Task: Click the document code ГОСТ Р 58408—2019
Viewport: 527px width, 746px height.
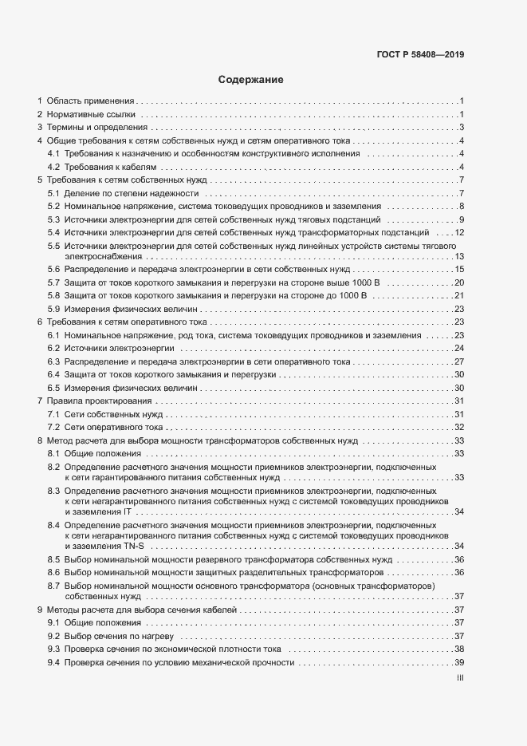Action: [x=420, y=56]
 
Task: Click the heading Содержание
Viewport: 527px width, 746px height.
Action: [x=250, y=80]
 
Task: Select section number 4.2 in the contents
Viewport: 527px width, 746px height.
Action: [x=53, y=167]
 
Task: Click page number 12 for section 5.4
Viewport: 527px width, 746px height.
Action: [x=459, y=232]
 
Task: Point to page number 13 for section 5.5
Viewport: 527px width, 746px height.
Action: [x=459, y=256]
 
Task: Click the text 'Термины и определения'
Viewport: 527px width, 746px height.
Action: [x=97, y=128]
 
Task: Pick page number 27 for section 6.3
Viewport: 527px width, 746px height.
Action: [x=459, y=361]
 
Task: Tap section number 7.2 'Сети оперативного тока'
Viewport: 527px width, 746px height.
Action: [x=53, y=427]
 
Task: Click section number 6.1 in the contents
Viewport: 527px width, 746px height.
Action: [x=53, y=335]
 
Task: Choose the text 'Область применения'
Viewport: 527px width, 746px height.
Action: [x=90, y=101]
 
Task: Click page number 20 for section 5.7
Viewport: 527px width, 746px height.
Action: [x=459, y=282]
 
